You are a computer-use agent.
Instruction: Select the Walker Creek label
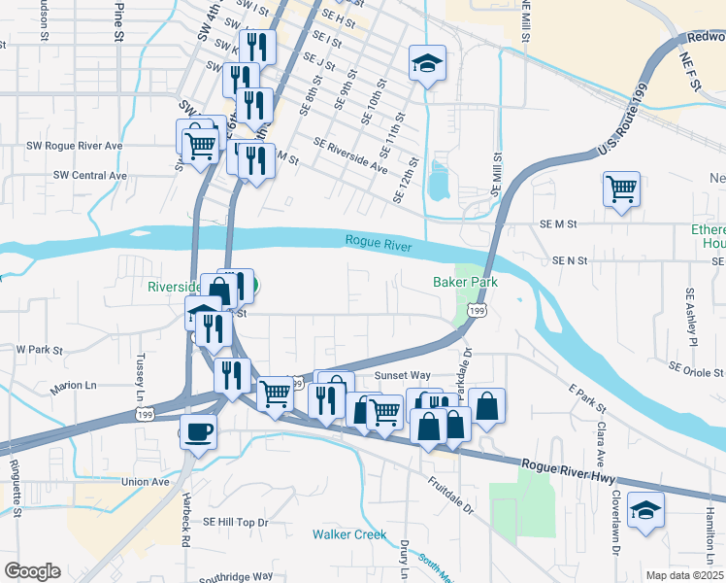coord(348,534)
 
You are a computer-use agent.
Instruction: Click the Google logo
coord(32,571)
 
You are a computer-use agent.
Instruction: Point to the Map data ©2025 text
coord(685,575)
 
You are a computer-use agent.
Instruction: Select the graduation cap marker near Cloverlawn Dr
coord(644,509)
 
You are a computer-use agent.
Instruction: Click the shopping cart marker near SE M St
coord(621,188)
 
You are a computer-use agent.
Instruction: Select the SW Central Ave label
coord(90,176)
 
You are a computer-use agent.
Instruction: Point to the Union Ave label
coord(146,481)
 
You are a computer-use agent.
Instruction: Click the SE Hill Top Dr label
coord(235,522)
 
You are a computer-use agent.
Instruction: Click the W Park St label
coord(39,349)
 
